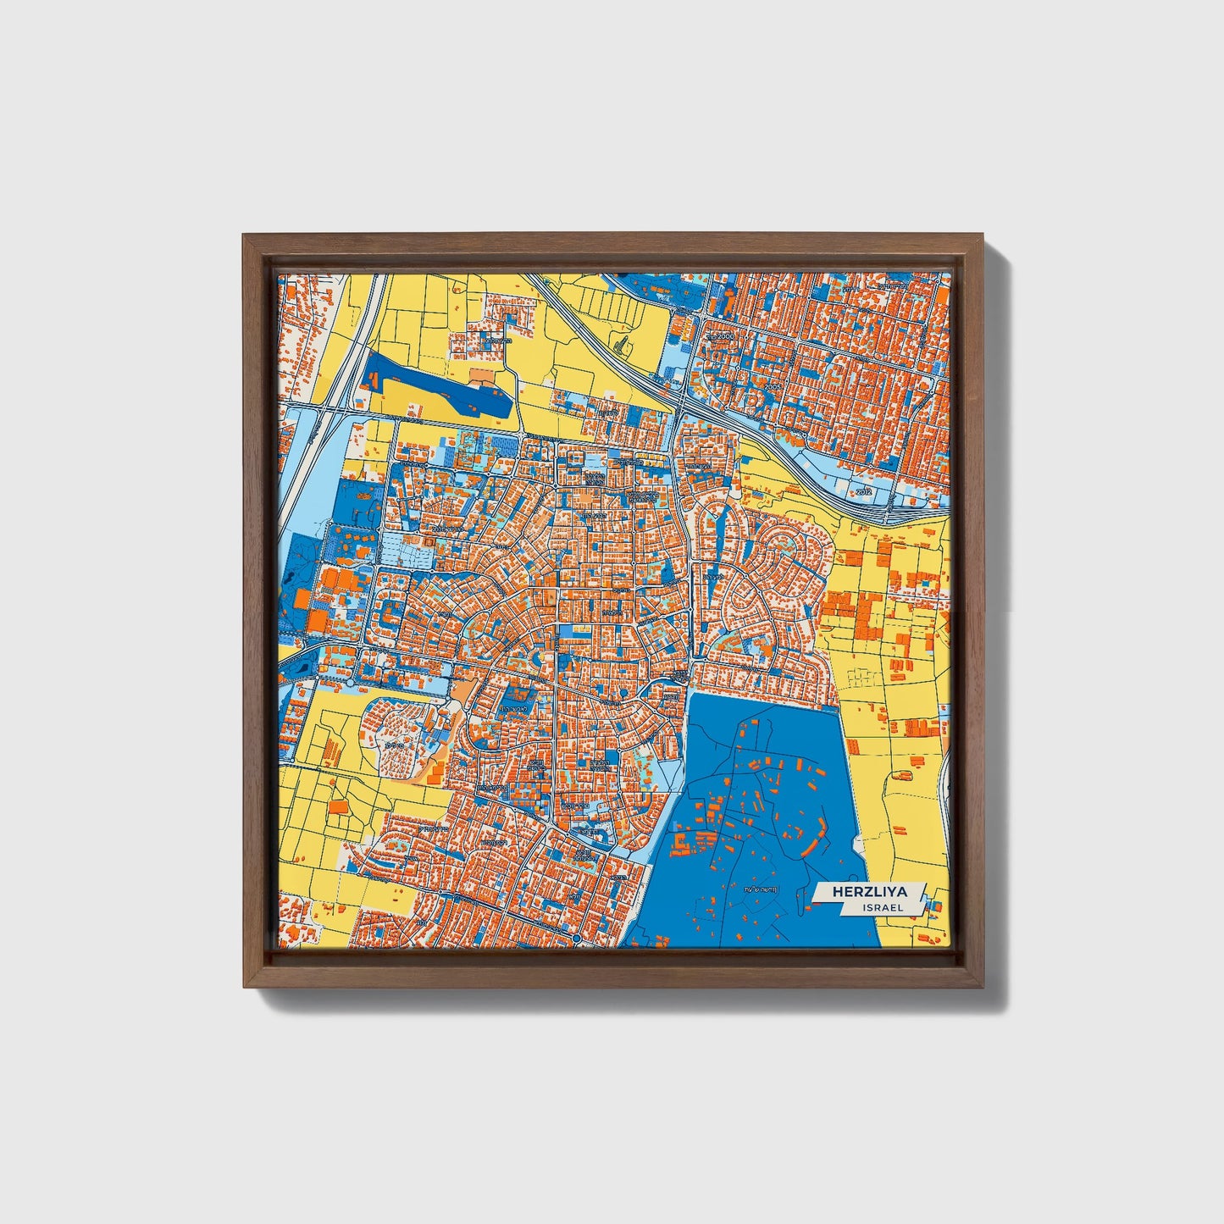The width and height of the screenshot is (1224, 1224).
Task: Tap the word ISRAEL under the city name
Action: (x=883, y=907)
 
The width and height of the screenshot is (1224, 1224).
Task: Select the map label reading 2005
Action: (x=772, y=386)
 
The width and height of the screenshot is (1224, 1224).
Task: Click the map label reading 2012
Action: (x=863, y=491)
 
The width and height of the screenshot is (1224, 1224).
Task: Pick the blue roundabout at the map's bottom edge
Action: (x=576, y=939)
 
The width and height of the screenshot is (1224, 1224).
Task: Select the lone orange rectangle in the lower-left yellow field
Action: (x=337, y=807)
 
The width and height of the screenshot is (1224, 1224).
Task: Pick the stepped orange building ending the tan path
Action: (x=435, y=772)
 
